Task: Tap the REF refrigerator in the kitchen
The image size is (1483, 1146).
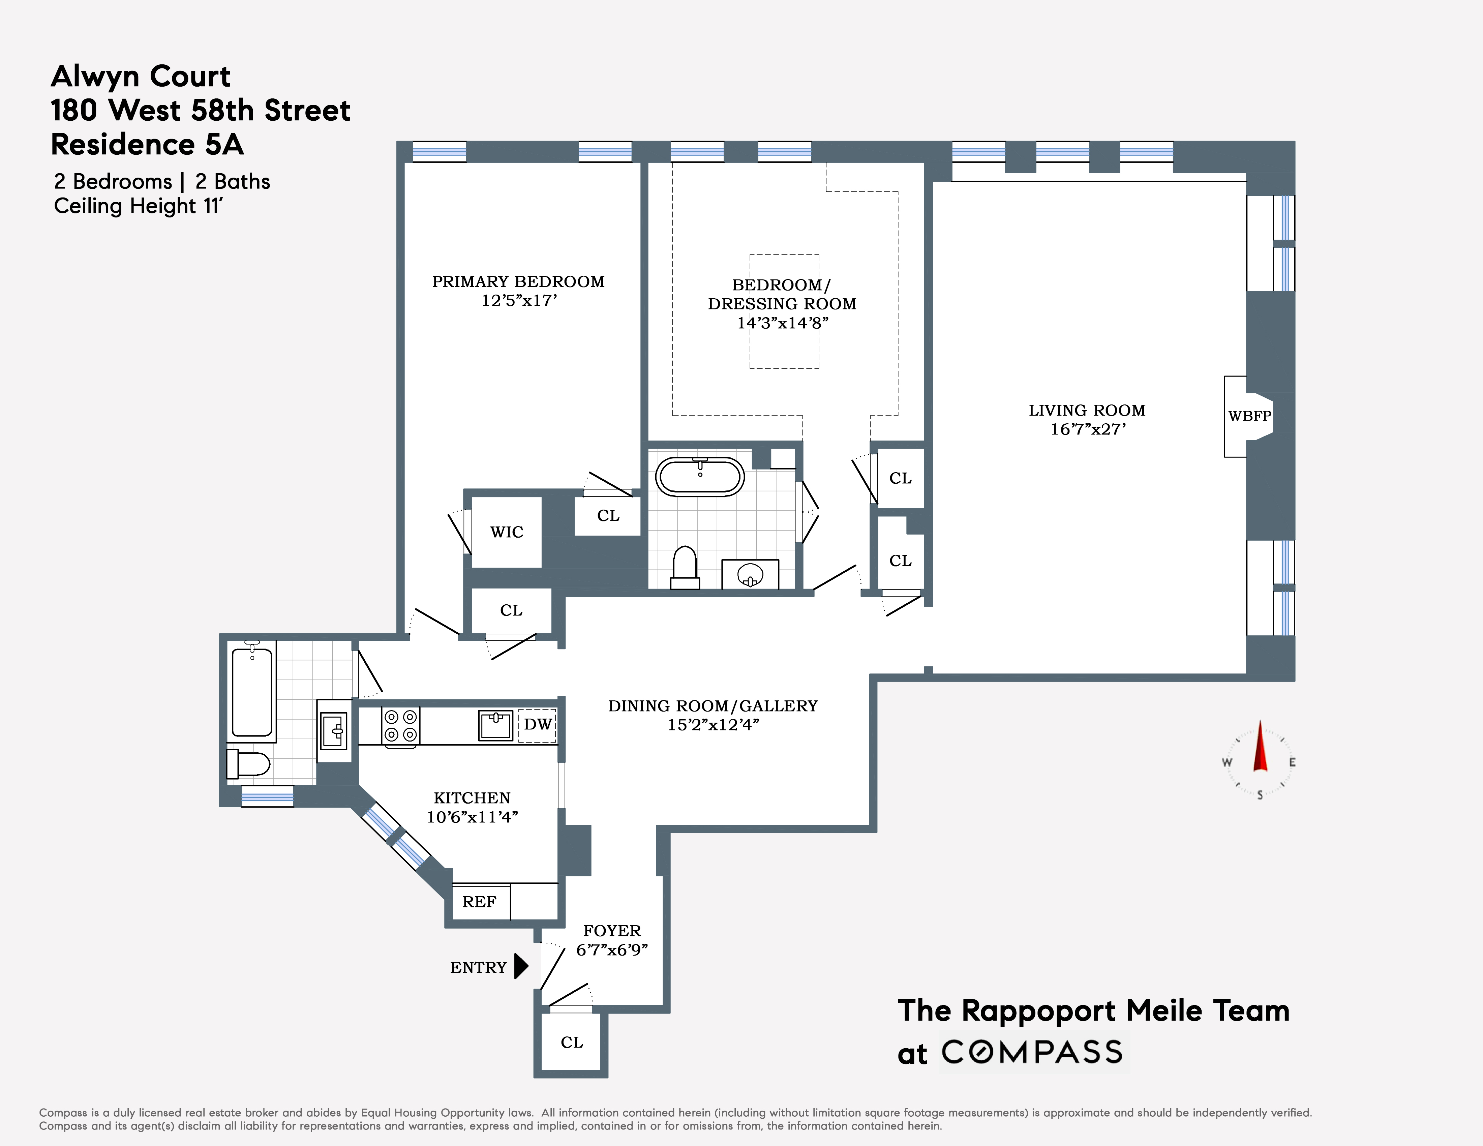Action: pyautogui.click(x=479, y=902)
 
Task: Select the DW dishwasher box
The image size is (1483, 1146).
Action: pyautogui.click(x=537, y=724)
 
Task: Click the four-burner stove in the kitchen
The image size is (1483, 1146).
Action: pyautogui.click(x=401, y=726)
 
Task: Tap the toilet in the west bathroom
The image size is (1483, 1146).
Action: pyautogui.click(x=248, y=764)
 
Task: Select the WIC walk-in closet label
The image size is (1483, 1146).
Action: pyautogui.click(x=507, y=532)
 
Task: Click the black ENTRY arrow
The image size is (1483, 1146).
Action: pyautogui.click(x=521, y=966)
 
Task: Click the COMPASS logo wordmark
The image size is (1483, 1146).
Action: pyautogui.click(x=1032, y=1052)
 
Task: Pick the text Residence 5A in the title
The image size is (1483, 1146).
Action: pyautogui.click(x=147, y=145)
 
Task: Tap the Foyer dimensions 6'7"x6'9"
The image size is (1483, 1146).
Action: pyautogui.click(x=612, y=950)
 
